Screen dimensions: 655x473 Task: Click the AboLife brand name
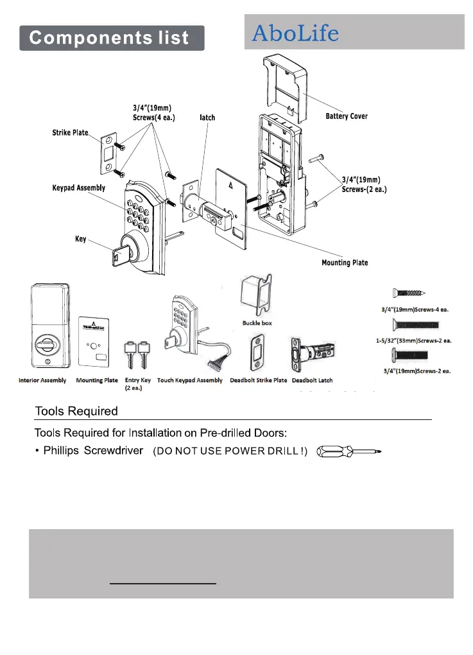coord(295,33)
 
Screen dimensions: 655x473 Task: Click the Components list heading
coord(110,37)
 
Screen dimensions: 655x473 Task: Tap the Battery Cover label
coord(346,116)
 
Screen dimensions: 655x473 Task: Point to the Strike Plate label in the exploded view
coord(70,133)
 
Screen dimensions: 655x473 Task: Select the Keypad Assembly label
coord(78,188)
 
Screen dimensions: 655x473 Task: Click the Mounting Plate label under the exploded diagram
coord(345,263)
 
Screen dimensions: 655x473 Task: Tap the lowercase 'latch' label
coord(207,118)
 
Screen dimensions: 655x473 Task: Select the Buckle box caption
coord(257,323)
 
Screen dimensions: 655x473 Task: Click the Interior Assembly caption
coord(42,381)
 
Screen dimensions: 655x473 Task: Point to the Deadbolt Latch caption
coord(313,381)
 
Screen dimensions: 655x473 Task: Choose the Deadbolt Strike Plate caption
coord(259,381)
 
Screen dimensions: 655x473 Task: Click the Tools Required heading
coord(76,411)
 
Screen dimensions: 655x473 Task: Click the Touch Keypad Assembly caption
coord(190,381)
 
